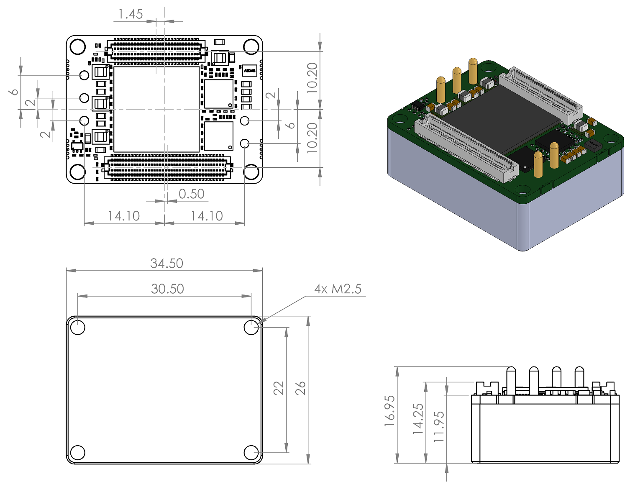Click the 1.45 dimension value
[x=131, y=14]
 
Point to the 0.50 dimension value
[x=191, y=194]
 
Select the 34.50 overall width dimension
[x=166, y=263]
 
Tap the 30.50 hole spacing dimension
[x=167, y=289]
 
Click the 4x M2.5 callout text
[x=338, y=289]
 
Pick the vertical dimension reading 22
[x=279, y=388]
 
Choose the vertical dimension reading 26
[x=301, y=388]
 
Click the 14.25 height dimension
[x=418, y=418]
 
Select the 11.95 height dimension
[x=439, y=427]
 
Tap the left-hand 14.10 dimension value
[x=123, y=216]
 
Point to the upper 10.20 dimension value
[x=312, y=78]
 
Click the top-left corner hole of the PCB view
[x=78, y=47]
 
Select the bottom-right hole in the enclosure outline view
[x=251, y=452]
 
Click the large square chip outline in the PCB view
[x=156, y=109]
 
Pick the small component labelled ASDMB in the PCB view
[x=249, y=71]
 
